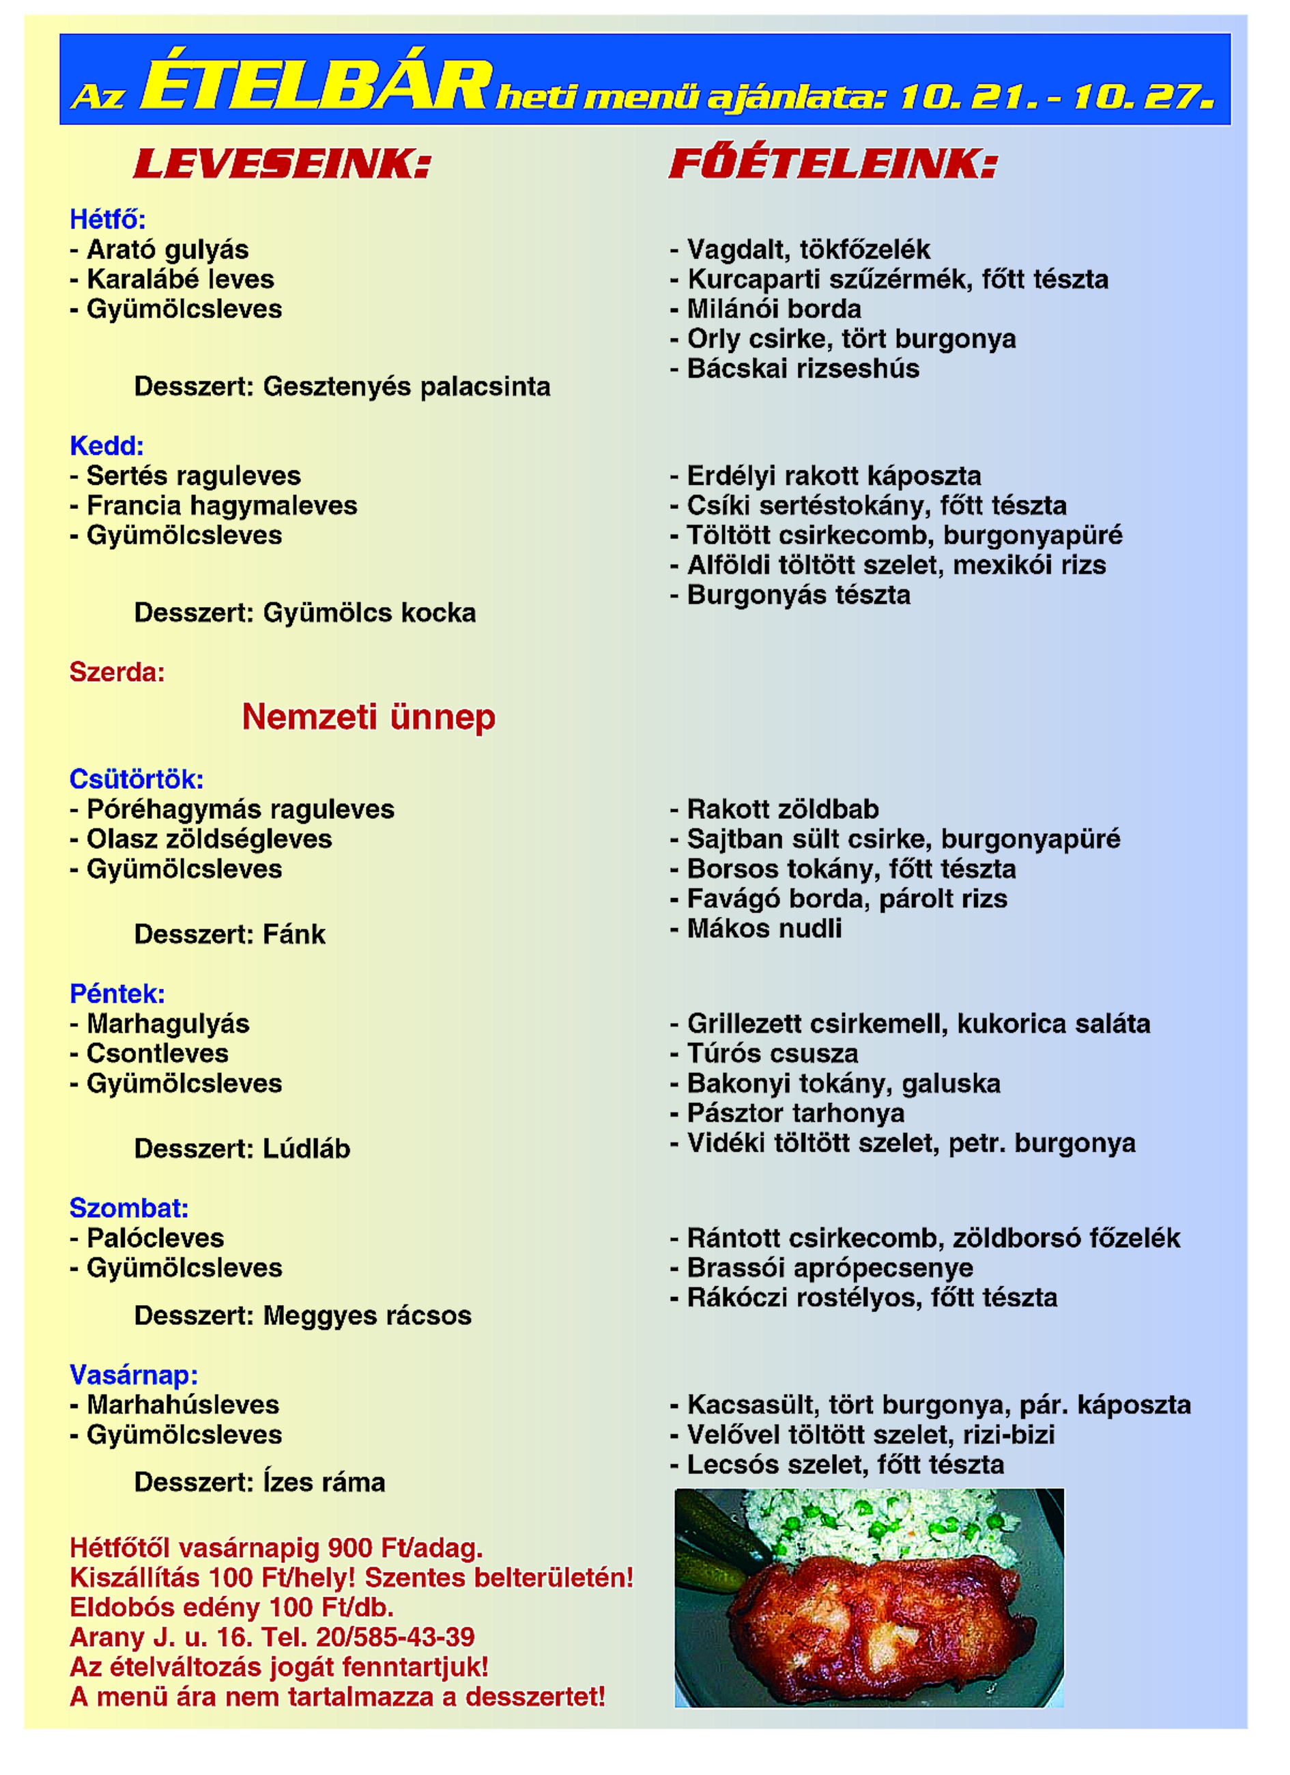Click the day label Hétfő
coord(107,220)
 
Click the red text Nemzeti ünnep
coord(369,717)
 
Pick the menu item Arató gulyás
coord(167,250)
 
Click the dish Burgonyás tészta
coord(798,595)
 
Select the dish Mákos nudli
coord(764,929)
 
